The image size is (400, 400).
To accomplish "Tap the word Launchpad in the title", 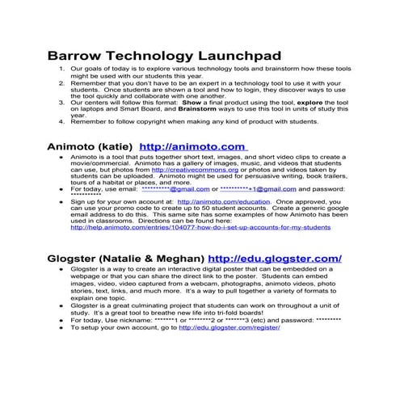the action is [234, 57].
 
